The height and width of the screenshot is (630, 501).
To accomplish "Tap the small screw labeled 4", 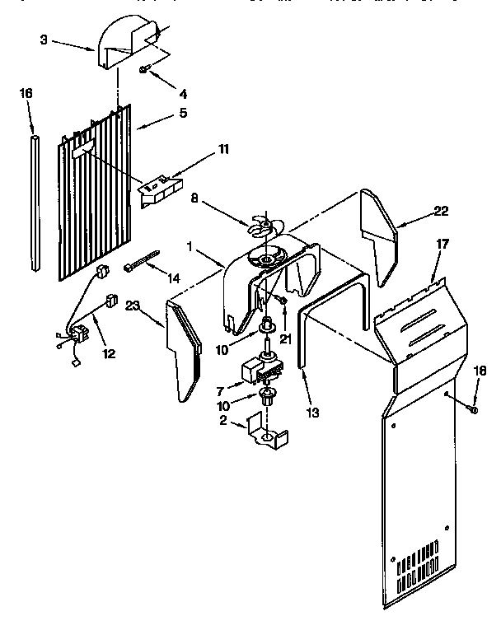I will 143,71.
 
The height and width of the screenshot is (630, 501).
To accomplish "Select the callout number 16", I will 26,93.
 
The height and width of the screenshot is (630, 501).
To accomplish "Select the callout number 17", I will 442,244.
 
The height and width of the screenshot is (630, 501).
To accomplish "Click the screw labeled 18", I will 473,407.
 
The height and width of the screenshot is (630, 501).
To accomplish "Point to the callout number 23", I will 133,306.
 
